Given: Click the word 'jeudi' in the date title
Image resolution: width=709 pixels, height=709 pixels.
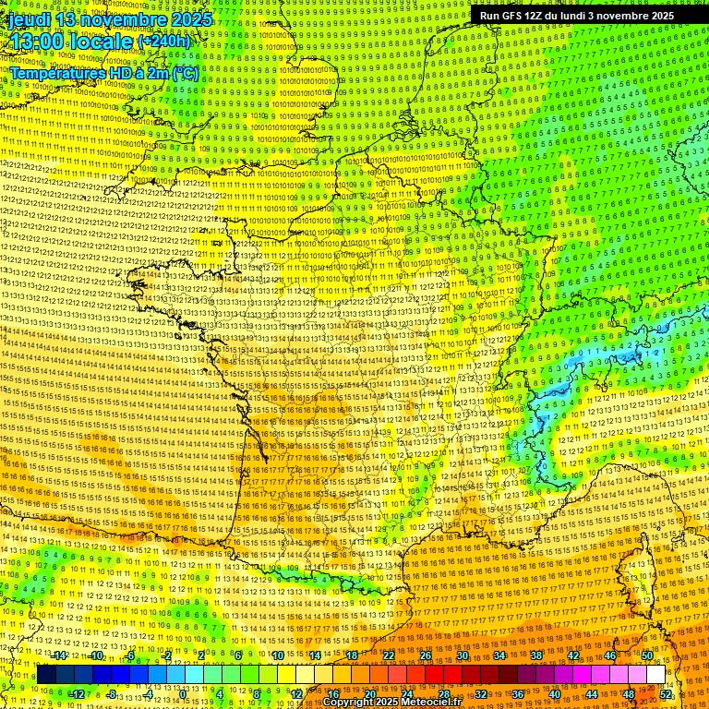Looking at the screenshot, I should [x=28, y=19].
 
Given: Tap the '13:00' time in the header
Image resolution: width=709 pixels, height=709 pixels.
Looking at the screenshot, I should [x=35, y=42].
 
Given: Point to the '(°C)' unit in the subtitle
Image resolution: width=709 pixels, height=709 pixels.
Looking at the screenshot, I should [x=185, y=73].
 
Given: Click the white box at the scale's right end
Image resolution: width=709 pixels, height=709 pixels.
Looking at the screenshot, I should [x=655, y=675].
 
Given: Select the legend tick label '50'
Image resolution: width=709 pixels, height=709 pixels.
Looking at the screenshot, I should [x=646, y=656].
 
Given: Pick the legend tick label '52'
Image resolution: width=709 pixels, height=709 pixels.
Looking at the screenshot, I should [x=666, y=693].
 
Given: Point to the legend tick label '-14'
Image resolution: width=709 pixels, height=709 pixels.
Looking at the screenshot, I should [x=59, y=656].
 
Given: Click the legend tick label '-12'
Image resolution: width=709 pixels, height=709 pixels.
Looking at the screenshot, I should [x=77, y=693].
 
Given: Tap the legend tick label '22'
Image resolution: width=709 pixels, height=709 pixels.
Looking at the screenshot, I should [x=389, y=656].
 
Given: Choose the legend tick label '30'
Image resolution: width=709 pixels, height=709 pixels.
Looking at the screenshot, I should [x=463, y=656].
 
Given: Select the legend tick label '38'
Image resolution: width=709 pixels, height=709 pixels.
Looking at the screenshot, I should [x=536, y=656].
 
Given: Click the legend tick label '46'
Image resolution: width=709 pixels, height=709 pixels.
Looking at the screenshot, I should [x=610, y=656].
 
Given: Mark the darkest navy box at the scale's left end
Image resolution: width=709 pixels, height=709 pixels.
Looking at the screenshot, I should [x=46, y=675].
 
